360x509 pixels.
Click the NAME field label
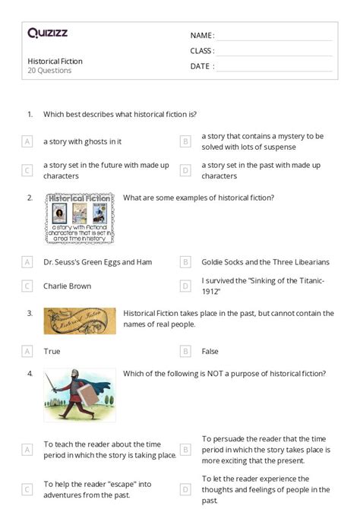[202, 36]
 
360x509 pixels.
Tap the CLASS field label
[202, 51]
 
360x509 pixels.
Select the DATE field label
[201, 66]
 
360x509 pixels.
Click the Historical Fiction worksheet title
[55, 61]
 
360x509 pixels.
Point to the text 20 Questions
[49, 71]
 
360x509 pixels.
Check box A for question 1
[27, 141]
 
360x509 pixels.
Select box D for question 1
[185, 170]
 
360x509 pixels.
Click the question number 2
[30, 198]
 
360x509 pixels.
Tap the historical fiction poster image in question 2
[80, 217]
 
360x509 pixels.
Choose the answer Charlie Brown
[67, 286]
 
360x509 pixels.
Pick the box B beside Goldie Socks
[185, 262]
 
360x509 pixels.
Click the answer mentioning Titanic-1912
[263, 286]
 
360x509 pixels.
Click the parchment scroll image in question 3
[80, 321]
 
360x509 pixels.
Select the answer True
[52, 352]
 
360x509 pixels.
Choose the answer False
[210, 352]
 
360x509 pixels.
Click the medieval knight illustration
[80, 395]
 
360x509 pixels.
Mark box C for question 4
[27, 489]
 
